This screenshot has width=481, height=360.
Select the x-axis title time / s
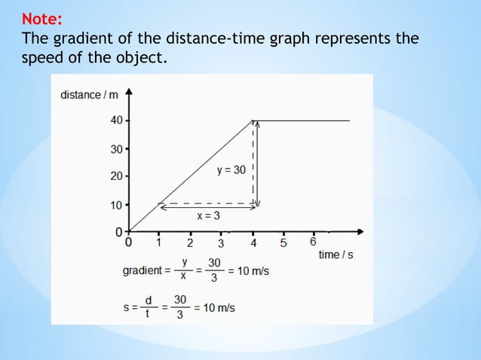(x=335, y=255)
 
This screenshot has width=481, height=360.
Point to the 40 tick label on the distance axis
(x=115, y=121)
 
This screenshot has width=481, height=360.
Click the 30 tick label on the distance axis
(x=115, y=149)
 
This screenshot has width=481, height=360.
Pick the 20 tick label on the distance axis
(x=115, y=177)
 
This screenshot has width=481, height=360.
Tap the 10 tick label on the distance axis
(x=115, y=205)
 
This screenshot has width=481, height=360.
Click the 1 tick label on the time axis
(x=159, y=243)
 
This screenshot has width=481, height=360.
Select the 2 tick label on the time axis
(x=190, y=243)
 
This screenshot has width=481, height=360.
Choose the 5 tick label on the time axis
(x=283, y=243)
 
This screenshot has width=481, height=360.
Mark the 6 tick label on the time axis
(x=313, y=243)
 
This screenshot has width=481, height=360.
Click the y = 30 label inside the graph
(x=231, y=170)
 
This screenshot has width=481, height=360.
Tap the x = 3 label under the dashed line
(x=208, y=215)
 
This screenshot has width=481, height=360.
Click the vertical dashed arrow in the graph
(x=255, y=162)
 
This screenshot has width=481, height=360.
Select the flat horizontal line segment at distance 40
(x=302, y=121)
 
